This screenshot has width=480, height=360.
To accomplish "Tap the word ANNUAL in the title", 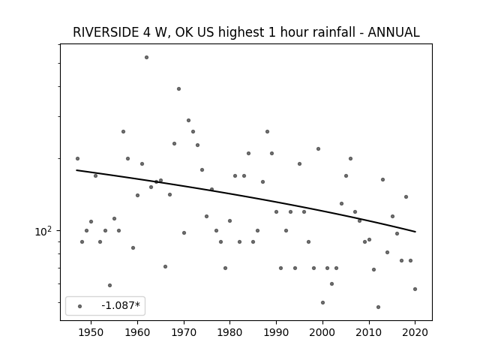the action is point(393,32).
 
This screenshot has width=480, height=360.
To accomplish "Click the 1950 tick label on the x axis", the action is point(91,332).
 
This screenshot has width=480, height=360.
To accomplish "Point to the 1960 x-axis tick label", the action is point(137,332).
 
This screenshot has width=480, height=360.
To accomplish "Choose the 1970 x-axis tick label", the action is point(184,332).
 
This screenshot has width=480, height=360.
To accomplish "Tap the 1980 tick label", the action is point(230,332).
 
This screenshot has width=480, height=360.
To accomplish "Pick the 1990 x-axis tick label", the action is point(277,332).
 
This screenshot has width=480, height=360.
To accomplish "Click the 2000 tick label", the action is point(322,332).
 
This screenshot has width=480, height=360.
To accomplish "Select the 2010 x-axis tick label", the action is point(369,332).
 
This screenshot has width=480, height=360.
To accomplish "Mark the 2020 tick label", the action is point(415,332).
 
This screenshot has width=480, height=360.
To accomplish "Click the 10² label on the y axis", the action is point(43,232).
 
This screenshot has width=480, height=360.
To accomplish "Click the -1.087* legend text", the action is point(121,305).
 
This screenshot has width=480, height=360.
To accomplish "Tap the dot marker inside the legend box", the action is point(80,306).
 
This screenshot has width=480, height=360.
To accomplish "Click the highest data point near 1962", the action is point(147,57).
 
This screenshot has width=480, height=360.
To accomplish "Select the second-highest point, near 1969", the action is point(178,88).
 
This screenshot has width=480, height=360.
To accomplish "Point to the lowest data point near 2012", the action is point(378,307).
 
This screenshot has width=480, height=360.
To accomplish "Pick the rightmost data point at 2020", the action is point(415,289).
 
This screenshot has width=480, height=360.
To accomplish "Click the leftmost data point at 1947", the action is point(77,158).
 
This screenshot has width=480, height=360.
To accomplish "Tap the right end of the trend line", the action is point(415,232).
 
